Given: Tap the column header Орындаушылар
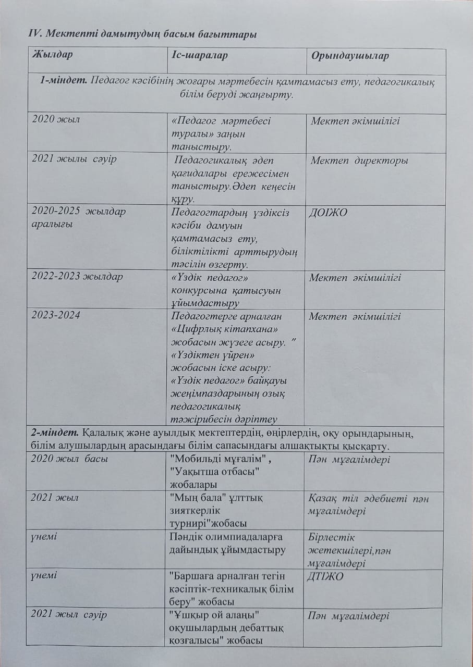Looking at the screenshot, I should coord(349,56).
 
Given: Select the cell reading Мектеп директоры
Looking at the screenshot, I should coord(359,160).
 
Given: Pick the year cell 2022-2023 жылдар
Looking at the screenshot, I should coord(77,277).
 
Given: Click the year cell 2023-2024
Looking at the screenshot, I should coord(56,316).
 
